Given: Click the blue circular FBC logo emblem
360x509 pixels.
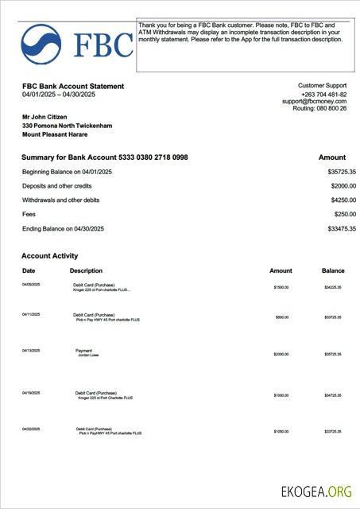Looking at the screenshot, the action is [41, 44].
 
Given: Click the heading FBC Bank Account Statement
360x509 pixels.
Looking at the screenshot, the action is [73, 86].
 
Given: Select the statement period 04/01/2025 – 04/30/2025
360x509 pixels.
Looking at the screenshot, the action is [59, 95].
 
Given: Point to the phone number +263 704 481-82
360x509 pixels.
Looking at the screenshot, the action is [322, 93].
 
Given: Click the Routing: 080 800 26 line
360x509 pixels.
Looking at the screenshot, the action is [319, 108].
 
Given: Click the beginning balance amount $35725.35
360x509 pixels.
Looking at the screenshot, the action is [341, 172].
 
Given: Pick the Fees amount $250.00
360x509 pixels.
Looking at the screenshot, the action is [345, 215].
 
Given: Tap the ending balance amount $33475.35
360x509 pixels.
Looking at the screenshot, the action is [341, 229].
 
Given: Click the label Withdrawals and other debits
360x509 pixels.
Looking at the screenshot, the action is [60, 200].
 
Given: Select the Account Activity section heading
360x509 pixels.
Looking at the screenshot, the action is [49, 256].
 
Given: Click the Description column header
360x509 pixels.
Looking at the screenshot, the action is [86, 271].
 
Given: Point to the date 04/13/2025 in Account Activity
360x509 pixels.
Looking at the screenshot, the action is [31, 351].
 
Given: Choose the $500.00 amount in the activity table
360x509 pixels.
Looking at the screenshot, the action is [281, 317].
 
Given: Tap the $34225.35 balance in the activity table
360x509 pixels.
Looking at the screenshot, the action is [332, 287].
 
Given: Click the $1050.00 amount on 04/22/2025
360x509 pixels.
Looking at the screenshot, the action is [281, 431].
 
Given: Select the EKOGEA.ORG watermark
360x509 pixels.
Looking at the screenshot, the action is [316, 492].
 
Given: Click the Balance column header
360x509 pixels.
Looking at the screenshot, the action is [333, 271].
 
